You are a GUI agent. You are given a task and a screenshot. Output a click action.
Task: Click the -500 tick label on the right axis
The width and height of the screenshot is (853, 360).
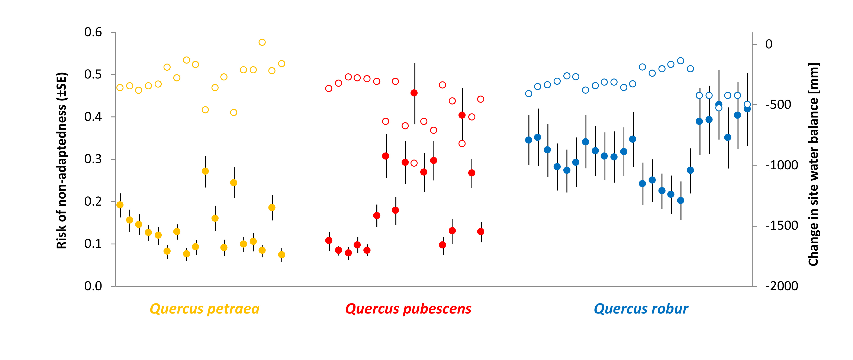[778, 105]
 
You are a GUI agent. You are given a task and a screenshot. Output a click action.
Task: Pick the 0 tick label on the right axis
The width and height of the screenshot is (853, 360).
[769, 44]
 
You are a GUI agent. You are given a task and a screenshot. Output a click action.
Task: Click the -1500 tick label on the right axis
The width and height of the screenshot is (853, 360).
[782, 226]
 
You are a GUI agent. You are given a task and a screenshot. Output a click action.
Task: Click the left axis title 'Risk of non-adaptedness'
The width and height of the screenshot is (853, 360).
[62, 160]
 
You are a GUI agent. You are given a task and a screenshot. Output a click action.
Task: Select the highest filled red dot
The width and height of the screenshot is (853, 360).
[414, 93]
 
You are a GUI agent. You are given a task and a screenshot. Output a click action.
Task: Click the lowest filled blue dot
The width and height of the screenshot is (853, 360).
[680, 200]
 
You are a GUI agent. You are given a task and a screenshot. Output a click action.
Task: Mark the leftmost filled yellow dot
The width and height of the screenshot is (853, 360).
[120, 205]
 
